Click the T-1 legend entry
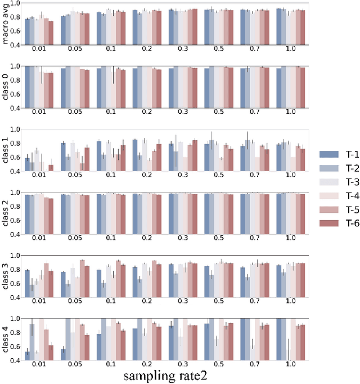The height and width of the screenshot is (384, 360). [x=336, y=154]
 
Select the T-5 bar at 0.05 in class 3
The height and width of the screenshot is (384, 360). [x=82, y=278]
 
